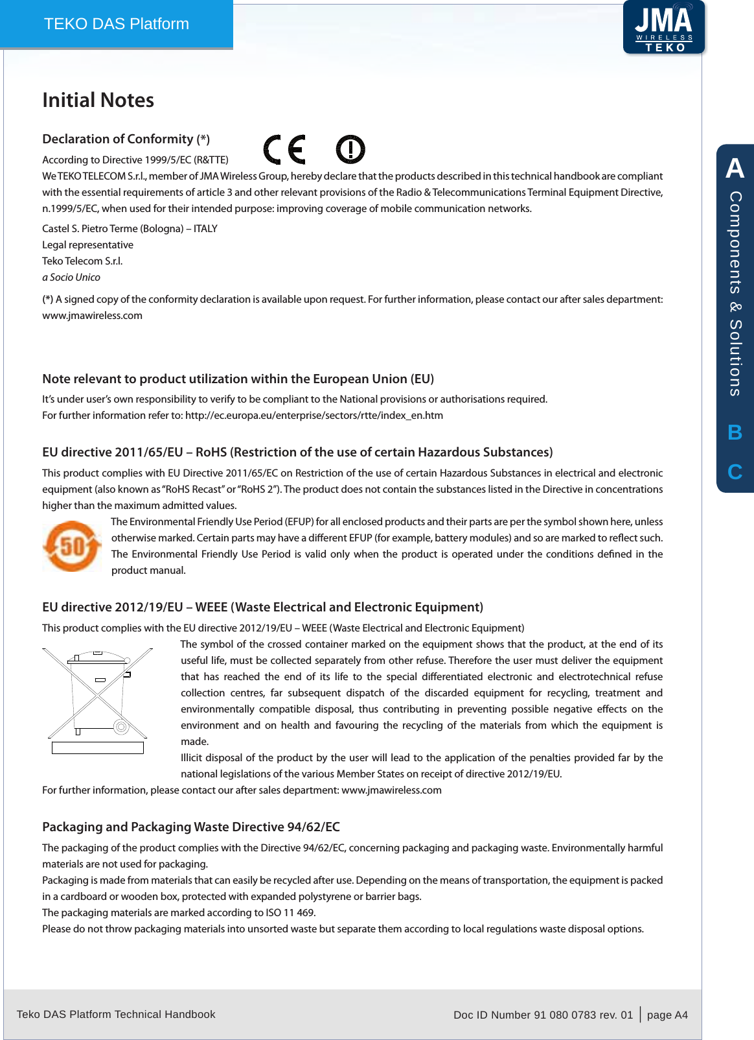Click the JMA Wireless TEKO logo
click(x=664, y=27)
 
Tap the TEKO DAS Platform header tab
click(x=117, y=24)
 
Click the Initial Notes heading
click(x=98, y=100)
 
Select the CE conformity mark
click(x=284, y=150)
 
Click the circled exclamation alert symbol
click(x=350, y=150)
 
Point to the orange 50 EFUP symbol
click(x=72, y=546)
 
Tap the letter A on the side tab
click(x=735, y=169)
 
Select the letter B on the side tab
click(x=735, y=432)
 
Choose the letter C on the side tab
click(x=735, y=472)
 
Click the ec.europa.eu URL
click(x=314, y=416)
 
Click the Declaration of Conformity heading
click(x=126, y=139)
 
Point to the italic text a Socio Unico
click(x=71, y=278)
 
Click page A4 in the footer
click(x=667, y=1015)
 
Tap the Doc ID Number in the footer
click(x=543, y=1015)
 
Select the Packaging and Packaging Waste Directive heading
click(x=191, y=827)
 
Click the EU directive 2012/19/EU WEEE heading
click(x=262, y=608)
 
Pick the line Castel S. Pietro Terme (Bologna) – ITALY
click(x=130, y=229)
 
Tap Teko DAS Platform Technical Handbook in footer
click(x=116, y=1014)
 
